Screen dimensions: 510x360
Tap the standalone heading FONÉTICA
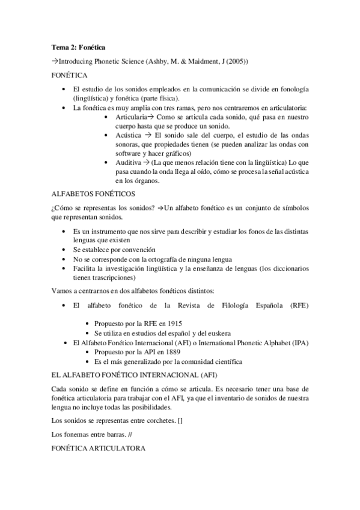[69, 76]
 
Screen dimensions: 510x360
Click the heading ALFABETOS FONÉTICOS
[93, 194]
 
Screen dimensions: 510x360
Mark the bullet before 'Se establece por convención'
[65, 249]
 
